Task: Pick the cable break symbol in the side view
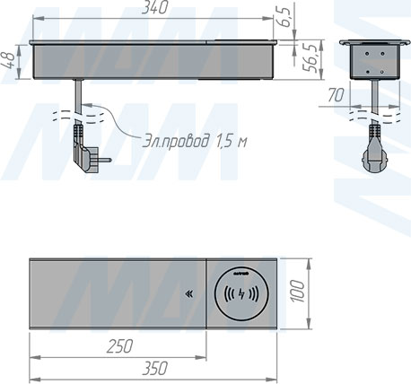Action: tap(370, 113)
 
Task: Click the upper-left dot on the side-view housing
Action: tap(361, 55)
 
